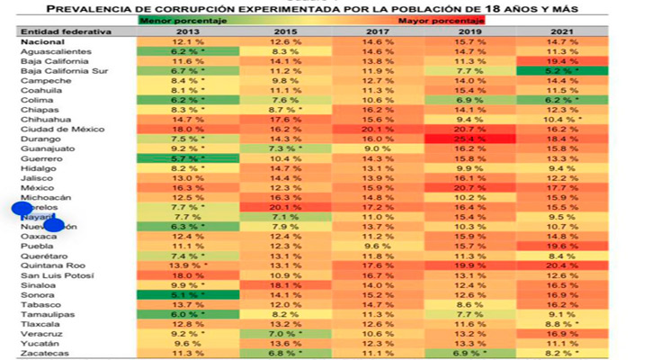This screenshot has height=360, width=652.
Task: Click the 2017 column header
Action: [x=379, y=31]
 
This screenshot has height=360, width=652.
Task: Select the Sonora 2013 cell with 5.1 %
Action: [x=184, y=295]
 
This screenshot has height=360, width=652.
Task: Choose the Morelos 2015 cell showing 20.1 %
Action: [x=281, y=207]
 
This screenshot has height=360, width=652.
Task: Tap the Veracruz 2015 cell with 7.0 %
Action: [x=281, y=334]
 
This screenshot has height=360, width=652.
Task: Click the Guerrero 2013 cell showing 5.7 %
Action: [x=184, y=158]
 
